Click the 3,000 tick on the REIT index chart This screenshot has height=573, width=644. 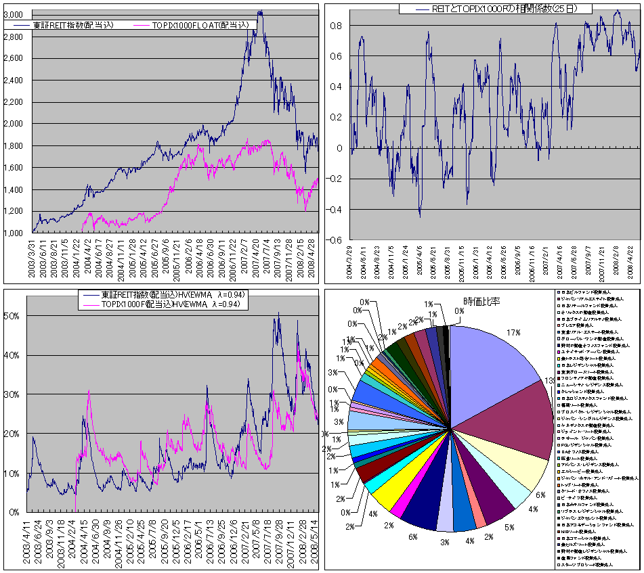pyautogui.click(x=15, y=15)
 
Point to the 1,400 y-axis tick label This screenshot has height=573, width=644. pyautogui.click(x=15, y=189)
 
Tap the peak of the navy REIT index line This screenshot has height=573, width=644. pyautogui.click(x=260, y=12)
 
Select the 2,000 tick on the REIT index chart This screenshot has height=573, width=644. pyautogui.click(x=15, y=124)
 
